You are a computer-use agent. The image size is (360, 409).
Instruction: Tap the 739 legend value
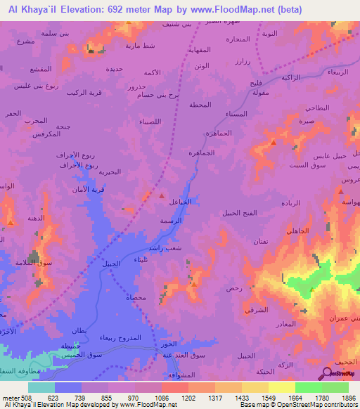94,398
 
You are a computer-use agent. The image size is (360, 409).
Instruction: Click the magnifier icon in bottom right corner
328,374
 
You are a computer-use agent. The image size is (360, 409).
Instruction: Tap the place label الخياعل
182,202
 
